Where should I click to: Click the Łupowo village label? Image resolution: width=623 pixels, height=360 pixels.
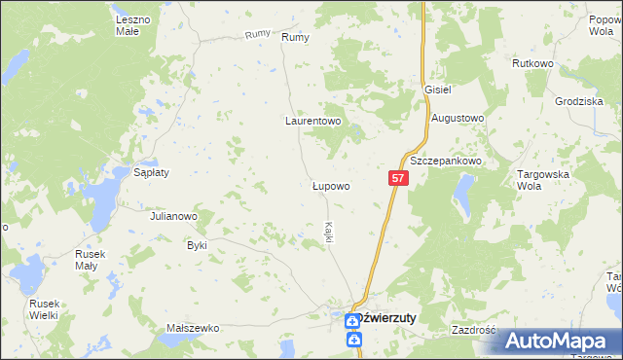[330, 184]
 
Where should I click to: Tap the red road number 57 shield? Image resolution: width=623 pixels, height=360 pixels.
[398, 178]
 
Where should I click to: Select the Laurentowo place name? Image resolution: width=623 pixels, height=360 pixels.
[312, 122]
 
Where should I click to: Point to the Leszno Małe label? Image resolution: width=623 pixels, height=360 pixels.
[134, 25]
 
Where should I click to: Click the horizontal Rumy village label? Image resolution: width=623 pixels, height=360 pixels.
[295, 37]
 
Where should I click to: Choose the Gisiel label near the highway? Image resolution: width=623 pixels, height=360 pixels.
[438, 89]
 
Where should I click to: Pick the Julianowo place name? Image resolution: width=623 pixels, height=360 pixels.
[174, 216]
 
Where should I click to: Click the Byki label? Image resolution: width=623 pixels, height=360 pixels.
[198, 245]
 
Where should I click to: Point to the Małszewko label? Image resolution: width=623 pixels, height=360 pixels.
[192, 329]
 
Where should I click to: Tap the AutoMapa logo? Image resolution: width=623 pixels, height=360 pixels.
[558, 341]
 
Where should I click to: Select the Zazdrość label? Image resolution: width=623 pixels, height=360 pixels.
[474, 330]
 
